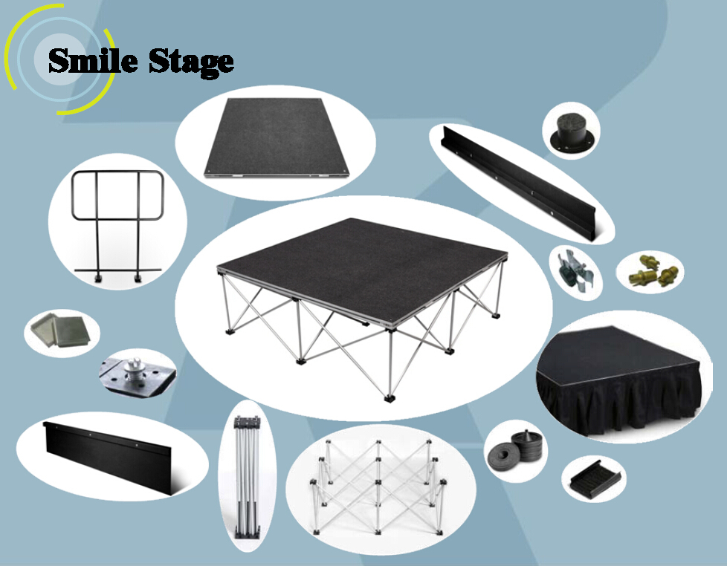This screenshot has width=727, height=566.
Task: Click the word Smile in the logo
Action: pos(93,60)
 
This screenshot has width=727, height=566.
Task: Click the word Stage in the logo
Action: pos(191,62)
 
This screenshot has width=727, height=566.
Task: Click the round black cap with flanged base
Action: pos(571,131)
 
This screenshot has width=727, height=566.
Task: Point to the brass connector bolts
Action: pos(649,270)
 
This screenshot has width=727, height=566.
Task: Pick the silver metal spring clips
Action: pos(574,272)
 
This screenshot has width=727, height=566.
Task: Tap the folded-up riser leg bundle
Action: pos(247,476)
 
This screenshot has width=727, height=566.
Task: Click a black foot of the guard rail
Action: pos(98,279)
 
